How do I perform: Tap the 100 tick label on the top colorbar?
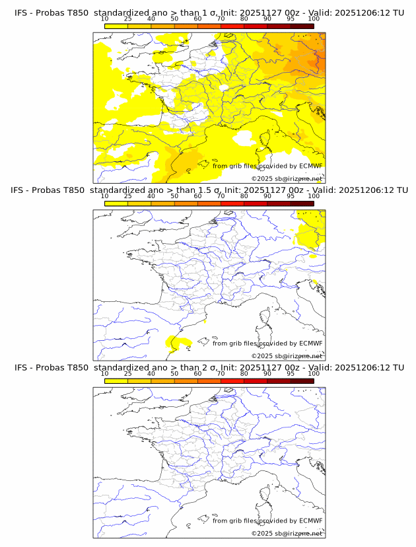(x=314, y=18)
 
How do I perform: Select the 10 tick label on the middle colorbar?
(x=104, y=196)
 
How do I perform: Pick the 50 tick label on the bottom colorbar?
(x=174, y=374)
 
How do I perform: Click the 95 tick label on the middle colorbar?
(x=291, y=196)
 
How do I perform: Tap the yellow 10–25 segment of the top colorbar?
(x=116, y=25)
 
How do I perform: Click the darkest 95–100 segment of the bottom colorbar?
(x=302, y=381)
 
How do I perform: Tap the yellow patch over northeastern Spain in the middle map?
(x=178, y=342)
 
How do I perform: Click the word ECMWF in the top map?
(x=311, y=166)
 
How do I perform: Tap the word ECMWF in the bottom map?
(x=311, y=521)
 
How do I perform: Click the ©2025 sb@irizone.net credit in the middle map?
(x=287, y=356)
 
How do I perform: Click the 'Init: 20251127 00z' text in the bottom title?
(x=258, y=367)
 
